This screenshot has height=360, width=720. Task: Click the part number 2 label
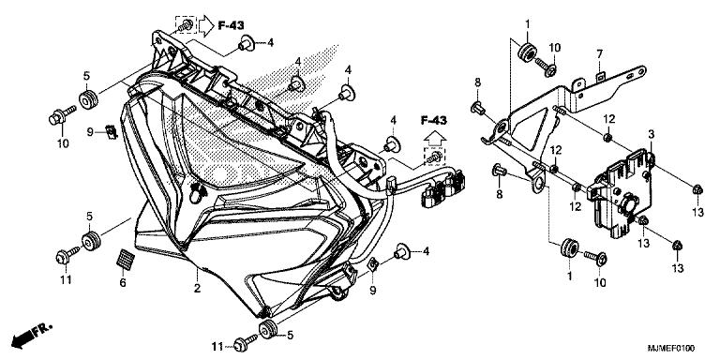click(197, 289)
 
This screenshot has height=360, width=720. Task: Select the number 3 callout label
click(652, 135)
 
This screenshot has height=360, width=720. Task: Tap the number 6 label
click(123, 283)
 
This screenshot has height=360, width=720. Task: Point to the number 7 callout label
click(599, 54)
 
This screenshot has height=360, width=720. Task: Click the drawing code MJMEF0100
click(671, 349)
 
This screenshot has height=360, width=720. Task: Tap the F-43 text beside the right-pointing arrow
click(231, 25)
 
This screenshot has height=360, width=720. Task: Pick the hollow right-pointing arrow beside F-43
click(206, 25)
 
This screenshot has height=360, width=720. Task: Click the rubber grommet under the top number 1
click(527, 51)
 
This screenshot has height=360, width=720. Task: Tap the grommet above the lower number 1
click(569, 248)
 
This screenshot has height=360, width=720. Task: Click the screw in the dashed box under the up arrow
click(433, 157)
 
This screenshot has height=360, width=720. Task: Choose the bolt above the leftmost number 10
click(62, 115)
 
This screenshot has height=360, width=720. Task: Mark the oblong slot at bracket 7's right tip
click(637, 71)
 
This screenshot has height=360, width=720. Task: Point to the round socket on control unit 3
click(628, 202)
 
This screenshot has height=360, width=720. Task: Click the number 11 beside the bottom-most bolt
click(218, 346)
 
